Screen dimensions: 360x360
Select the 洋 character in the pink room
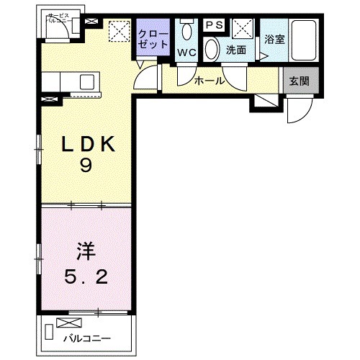(x=85, y=253)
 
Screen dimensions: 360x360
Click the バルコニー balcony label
(x=85, y=337)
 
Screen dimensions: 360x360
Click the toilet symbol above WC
(x=187, y=31)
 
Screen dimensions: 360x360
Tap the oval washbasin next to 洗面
(x=212, y=50)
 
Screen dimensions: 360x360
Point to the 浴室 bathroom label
(x=274, y=41)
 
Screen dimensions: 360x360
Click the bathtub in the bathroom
(x=305, y=42)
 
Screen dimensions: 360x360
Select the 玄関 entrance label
(x=299, y=81)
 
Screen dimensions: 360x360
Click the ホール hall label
(x=209, y=81)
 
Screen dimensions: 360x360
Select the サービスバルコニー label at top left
(x=59, y=19)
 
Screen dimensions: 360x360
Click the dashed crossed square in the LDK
(x=117, y=31)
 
